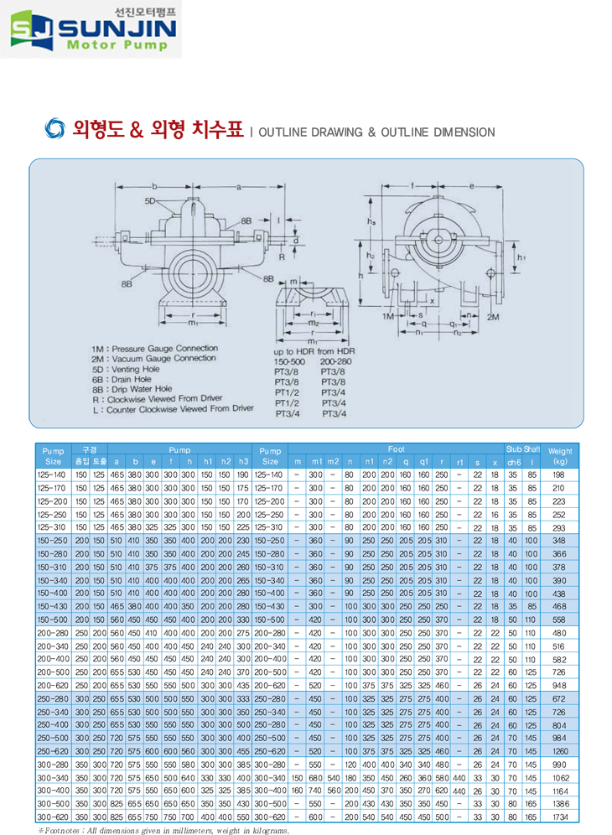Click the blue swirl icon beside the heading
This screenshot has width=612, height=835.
pos(53,130)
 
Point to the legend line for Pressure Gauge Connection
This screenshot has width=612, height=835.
pos(155,347)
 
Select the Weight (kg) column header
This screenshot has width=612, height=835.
pos(560,455)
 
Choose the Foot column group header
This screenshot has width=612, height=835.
pos(396,449)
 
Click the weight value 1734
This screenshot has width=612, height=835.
pos(560,816)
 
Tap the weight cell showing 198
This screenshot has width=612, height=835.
pos(560,475)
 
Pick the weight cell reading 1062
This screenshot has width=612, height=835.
pos(560,777)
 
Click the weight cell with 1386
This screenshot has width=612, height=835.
pos(560,803)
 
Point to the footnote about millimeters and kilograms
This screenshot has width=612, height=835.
pos(163,830)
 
